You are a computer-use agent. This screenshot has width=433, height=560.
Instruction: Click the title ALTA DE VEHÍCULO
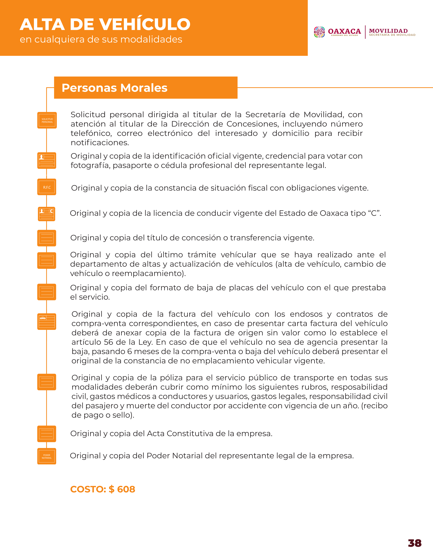point(105,25)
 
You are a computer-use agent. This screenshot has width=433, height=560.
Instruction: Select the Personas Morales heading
point(114,88)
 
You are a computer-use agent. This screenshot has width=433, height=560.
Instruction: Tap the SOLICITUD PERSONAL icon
point(47,120)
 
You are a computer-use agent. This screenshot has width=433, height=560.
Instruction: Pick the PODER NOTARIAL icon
point(47,456)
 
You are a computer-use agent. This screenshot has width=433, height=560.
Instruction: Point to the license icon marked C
point(47,214)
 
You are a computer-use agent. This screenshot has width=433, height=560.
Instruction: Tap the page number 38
point(414,543)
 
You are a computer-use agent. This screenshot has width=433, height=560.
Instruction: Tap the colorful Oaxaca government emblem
point(319,32)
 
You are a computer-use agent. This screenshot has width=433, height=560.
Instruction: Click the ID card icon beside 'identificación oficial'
point(47,161)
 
